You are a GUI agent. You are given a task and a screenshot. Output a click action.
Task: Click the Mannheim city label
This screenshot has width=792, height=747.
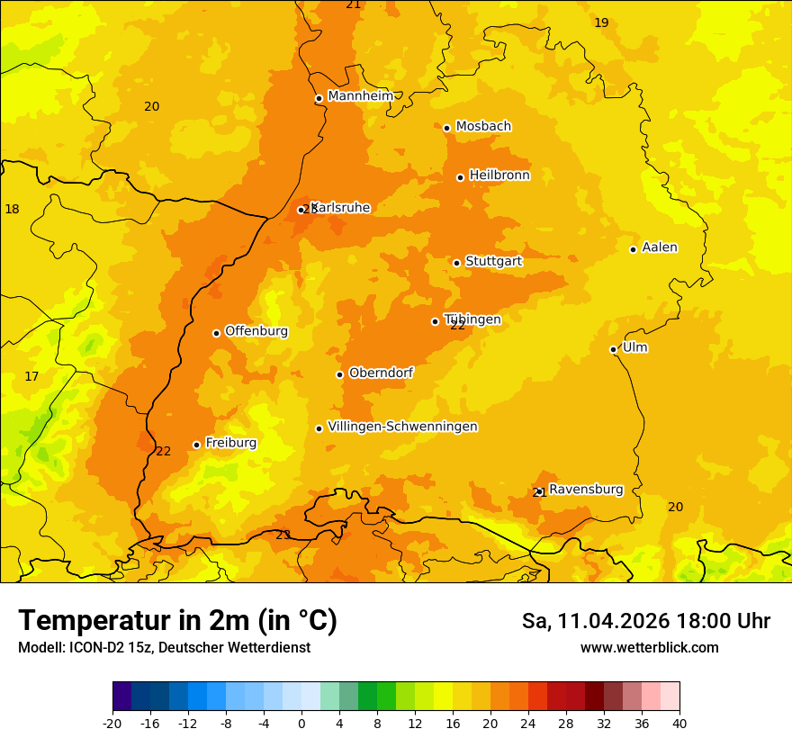pyautogui.click(x=360, y=96)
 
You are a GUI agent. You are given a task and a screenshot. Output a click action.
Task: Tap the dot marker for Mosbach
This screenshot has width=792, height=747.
pyautogui.click(x=446, y=128)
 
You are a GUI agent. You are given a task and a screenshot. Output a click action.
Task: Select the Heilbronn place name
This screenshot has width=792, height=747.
pyautogui.click(x=499, y=175)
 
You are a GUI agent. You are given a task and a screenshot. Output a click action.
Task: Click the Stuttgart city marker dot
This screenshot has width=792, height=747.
pyautogui.click(x=456, y=263)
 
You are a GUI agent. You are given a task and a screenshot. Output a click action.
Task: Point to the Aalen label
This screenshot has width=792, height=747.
pyautogui.click(x=660, y=247)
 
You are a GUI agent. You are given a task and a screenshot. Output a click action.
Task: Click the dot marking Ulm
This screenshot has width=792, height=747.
pyautogui.click(x=613, y=349)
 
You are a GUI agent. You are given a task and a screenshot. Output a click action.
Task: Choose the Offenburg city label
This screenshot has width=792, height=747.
pyautogui.click(x=256, y=331)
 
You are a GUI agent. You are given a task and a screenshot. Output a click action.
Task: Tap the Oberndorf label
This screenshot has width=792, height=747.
pyautogui.click(x=381, y=373)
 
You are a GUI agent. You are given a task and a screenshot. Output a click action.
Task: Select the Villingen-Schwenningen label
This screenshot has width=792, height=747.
pyautogui.click(x=402, y=427)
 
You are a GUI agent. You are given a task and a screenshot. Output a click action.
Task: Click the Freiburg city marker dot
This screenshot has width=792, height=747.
pyautogui.click(x=196, y=445)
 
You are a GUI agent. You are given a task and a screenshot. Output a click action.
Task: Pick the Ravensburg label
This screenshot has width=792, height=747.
pyautogui.click(x=586, y=490)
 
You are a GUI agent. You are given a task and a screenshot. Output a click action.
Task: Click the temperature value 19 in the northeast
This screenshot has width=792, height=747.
pyautogui.click(x=601, y=22)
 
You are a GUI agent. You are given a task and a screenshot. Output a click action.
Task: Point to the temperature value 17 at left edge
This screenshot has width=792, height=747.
pyautogui.click(x=31, y=376)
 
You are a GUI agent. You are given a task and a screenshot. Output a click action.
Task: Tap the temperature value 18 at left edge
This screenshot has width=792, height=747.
pyautogui.click(x=12, y=209)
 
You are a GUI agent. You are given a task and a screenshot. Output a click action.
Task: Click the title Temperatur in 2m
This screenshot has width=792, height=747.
pyautogui.click(x=177, y=621)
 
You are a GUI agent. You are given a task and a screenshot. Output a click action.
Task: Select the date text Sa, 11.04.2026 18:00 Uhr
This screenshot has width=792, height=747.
pyautogui.click(x=645, y=621)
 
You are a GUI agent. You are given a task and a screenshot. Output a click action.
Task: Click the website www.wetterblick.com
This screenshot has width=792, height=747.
pyautogui.click(x=649, y=648)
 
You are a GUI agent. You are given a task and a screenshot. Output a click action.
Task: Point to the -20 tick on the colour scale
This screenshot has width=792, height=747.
pyautogui.click(x=112, y=723)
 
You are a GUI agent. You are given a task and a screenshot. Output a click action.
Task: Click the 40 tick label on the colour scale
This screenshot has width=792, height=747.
pyautogui.click(x=679, y=723)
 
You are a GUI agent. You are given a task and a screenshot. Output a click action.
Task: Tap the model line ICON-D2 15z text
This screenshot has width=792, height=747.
pyautogui.click(x=164, y=648)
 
